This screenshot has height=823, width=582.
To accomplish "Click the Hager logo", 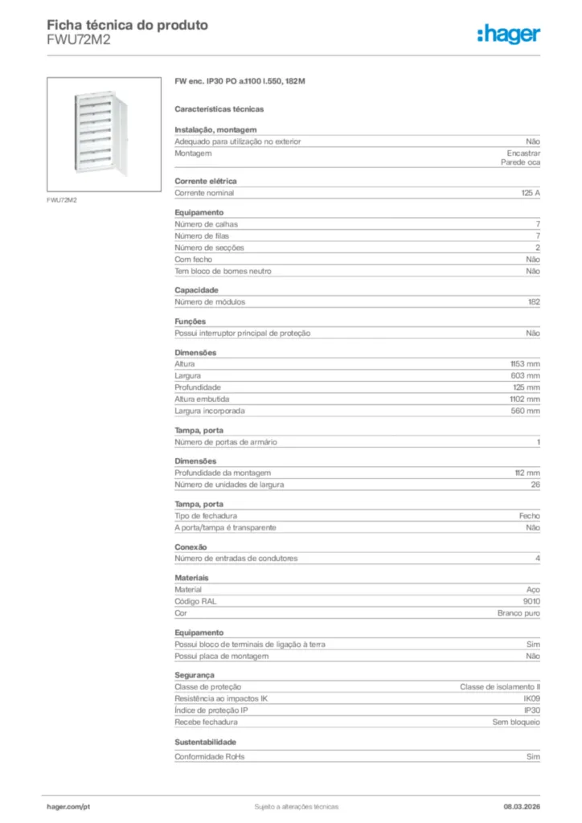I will coord(509,33).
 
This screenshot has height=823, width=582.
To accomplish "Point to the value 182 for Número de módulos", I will coord(534,302).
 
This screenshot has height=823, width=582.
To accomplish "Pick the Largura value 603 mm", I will coord(526,375).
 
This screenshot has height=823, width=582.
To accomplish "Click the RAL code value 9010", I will coord(531,601).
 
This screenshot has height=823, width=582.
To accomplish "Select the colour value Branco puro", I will coord(518,613).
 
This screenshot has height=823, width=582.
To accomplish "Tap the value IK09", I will coord(531,698).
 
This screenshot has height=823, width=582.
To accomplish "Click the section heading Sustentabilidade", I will coord(205,742).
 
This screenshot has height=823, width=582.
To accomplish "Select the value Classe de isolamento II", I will coord(500,687).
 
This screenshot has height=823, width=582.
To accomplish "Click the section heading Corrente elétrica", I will coord(205,182).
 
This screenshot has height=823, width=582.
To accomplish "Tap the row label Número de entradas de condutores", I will coord(236,559).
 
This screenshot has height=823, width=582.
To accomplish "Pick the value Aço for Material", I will coord(533,589).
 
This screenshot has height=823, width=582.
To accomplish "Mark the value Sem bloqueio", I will coord(516,722).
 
